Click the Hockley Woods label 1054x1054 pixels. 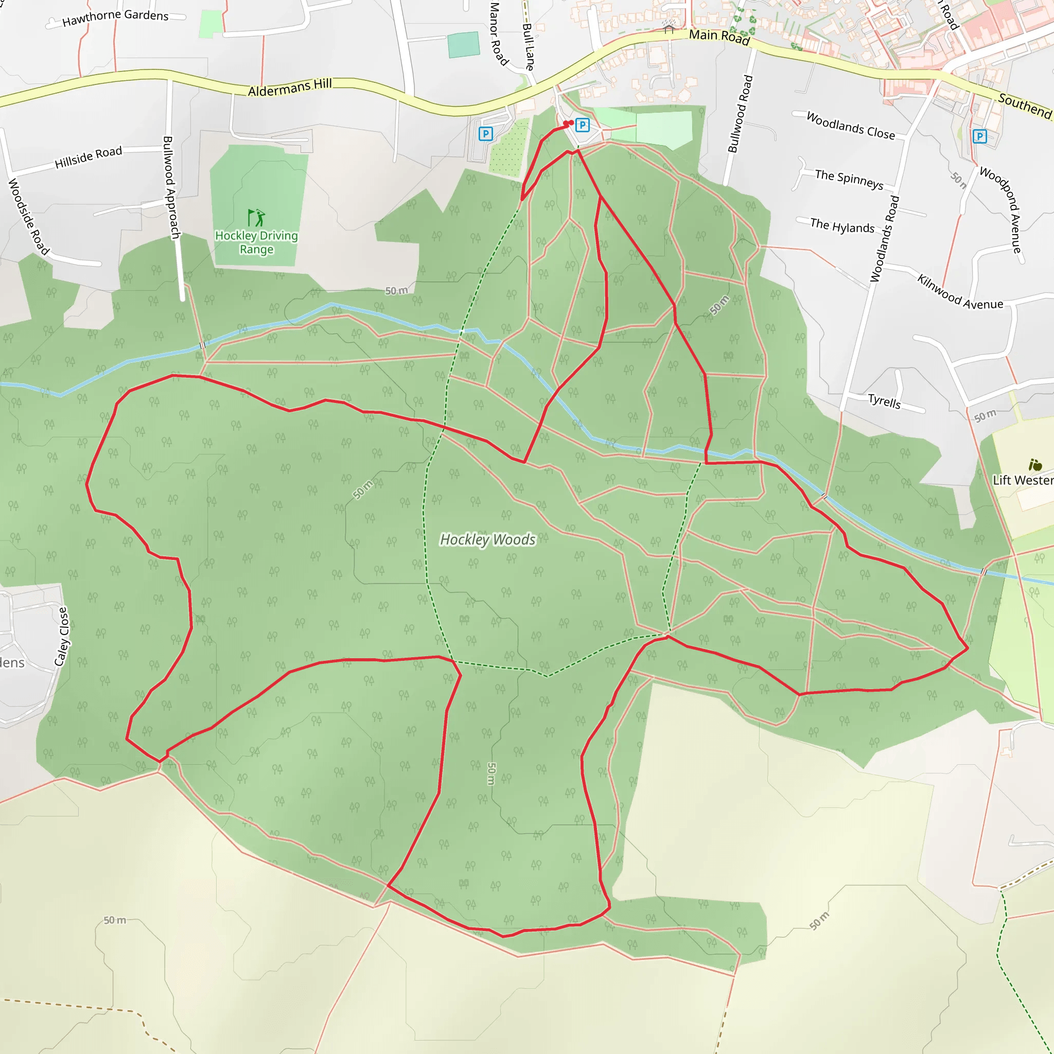pos(487,539)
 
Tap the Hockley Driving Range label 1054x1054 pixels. pos(256,242)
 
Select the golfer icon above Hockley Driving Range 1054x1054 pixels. pos(256,217)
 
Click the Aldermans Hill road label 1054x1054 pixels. pos(290,87)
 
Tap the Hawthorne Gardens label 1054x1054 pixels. pos(115,17)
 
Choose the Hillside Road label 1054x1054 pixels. pos(89,157)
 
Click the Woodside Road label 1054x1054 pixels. pos(28,217)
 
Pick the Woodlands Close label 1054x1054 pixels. pos(851,126)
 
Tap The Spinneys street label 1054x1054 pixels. pos(849,179)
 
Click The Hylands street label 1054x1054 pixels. pos(842,225)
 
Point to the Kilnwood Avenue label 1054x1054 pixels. pos(960,292)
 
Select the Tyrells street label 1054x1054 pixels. pos(884,401)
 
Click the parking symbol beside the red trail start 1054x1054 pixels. pos(582,125)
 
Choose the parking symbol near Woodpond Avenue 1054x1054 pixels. pos(980,136)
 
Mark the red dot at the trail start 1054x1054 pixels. pos(568,124)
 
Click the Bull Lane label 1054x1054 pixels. pos(528,46)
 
